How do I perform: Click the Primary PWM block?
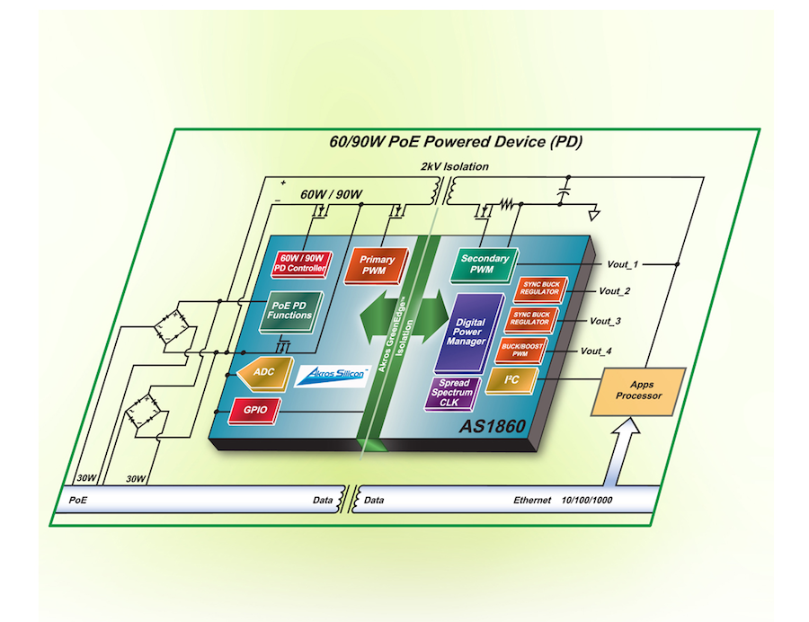pyautogui.click(x=378, y=265)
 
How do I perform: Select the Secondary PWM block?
pyautogui.click(x=485, y=263)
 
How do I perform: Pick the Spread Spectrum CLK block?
pyautogui.click(x=457, y=394)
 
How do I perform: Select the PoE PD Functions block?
pyautogui.click(x=289, y=310)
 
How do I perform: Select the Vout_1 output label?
pyautogui.click(x=622, y=264)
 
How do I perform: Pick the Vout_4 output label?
pyautogui.click(x=597, y=351)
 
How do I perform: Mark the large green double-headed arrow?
pyautogui.click(x=404, y=319)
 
